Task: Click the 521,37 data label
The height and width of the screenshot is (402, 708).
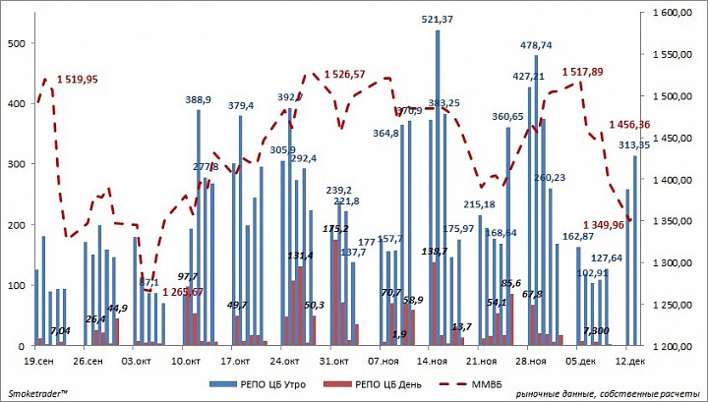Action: pyautogui.click(x=438, y=20)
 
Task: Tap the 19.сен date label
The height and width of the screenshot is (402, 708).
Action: pyautogui.click(x=36, y=361)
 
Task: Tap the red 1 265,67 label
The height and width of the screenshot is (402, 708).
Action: pyautogui.click(x=183, y=292)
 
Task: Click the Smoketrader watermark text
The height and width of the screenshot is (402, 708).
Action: pyautogui.click(x=37, y=393)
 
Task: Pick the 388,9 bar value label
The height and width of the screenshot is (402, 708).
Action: pyautogui.click(x=199, y=99)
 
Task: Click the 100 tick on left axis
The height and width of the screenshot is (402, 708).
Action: pyautogui.click(x=18, y=285)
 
